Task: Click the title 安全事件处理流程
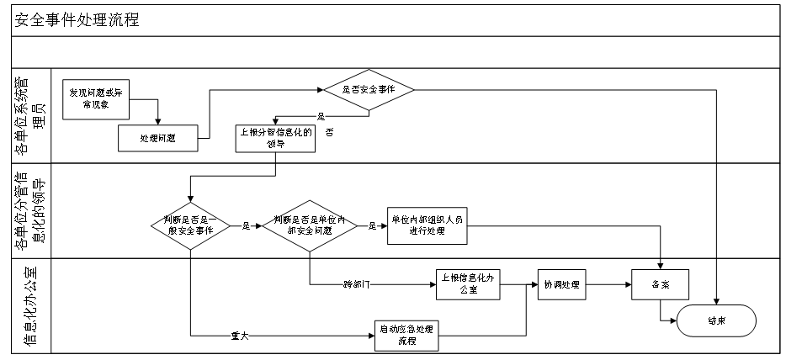pos(77,21)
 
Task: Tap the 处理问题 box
pos(157,136)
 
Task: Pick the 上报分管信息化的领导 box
pos(275,136)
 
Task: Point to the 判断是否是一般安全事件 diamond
pos(190,225)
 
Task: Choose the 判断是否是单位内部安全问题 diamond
pos(310,225)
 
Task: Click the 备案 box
pos(661,284)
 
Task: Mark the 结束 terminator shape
pos(716,320)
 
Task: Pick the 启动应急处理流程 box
pos(408,335)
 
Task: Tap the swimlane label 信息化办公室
pos(29,306)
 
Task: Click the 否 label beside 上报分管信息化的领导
pos(330,133)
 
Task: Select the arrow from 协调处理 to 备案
pos(609,284)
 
